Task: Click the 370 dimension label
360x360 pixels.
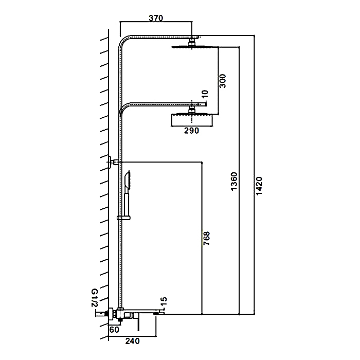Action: click(x=155, y=18)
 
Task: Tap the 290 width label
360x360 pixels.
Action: click(x=191, y=131)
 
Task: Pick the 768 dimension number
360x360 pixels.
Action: click(x=207, y=241)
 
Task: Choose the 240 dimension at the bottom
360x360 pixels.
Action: click(x=133, y=340)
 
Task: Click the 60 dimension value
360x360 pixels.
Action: click(x=114, y=330)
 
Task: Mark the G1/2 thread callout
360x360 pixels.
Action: click(x=95, y=298)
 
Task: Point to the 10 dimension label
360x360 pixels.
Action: click(x=205, y=94)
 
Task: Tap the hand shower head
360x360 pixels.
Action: click(x=128, y=180)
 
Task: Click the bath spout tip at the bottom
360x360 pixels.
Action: click(x=160, y=312)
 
